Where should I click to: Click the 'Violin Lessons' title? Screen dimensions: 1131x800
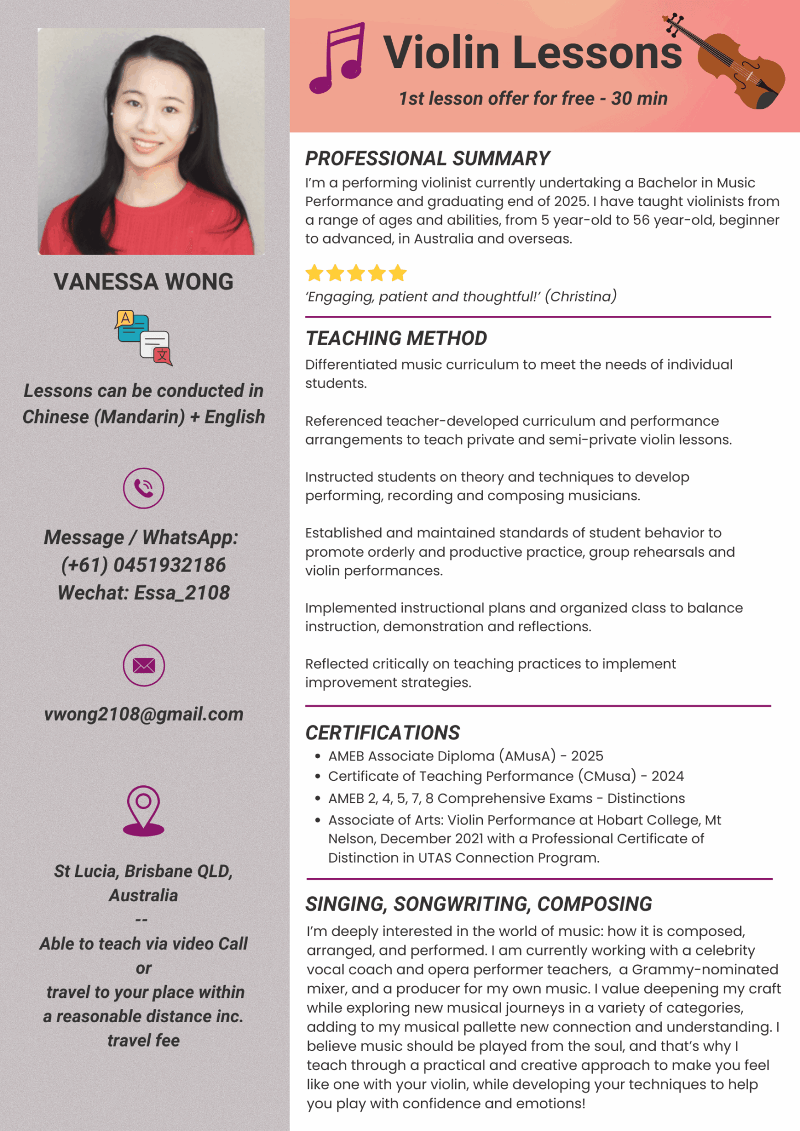pyautogui.click(x=533, y=52)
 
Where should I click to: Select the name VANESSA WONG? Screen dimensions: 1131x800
pyautogui.click(x=144, y=282)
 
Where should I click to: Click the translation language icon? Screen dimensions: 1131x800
pyautogui.click(x=144, y=337)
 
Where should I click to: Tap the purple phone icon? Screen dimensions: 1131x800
pyautogui.click(x=144, y=488)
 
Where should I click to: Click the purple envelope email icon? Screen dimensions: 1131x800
pyautogui.click(x=144, y=665)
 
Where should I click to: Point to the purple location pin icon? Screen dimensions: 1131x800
pyautogui.click(x=144, y=810)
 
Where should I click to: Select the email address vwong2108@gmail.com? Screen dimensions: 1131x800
pyautogui.click(x=144, y=714)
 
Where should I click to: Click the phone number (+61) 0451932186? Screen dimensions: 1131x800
pyautogui.click(x=144, y=565)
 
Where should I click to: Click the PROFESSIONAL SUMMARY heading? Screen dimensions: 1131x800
pyautogui.click(x=428, y=158)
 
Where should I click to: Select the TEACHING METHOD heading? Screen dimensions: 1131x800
pyautogui.click(x=396, y=338)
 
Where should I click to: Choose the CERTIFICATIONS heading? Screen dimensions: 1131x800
pyautogui.click(x=382, y=733)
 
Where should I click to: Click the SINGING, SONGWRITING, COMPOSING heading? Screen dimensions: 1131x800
pyautogui.click(x=478, y=904)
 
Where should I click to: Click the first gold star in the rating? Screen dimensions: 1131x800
pyautogui.click(x=314, y=273)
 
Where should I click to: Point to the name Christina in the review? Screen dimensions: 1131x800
pyautogui.click(x=581, y=297)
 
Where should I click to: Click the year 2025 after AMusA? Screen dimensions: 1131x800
pyautogui.click(x=587, y=756)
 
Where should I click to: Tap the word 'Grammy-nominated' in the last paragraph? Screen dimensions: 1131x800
pyautogui.click(x=705, y=970)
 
